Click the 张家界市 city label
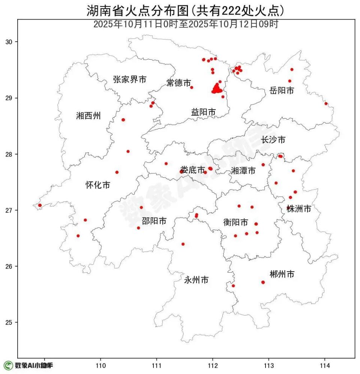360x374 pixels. pyautogui.click(x=130, y=80)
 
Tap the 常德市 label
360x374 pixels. pyautogui.click(x=179, y=83)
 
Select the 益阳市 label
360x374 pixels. pyautogui.click(x=204, y=112)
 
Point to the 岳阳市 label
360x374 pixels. pyautogui.click(x=282, y=90)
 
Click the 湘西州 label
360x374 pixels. pyautogui.click(x=88, y=116)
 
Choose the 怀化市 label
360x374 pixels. pyautogui.click(x=98, y=185)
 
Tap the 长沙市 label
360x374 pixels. pyautogui.click(x=273, y=140)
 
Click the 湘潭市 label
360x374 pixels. pyautogui.click(x=243, y=171)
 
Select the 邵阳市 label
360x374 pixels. pyautogui.click(x=154, y=221)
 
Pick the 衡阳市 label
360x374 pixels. pyautogui.click(x=235, y=222)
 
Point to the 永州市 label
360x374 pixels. pyautogui.click(x=196, y=280)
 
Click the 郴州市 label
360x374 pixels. pyautogui.click(x=282, y=274)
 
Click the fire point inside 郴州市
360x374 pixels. pyautogui.click(x=263, y=282)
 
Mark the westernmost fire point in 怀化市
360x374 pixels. pyautogui.click(x=40, y=205)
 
